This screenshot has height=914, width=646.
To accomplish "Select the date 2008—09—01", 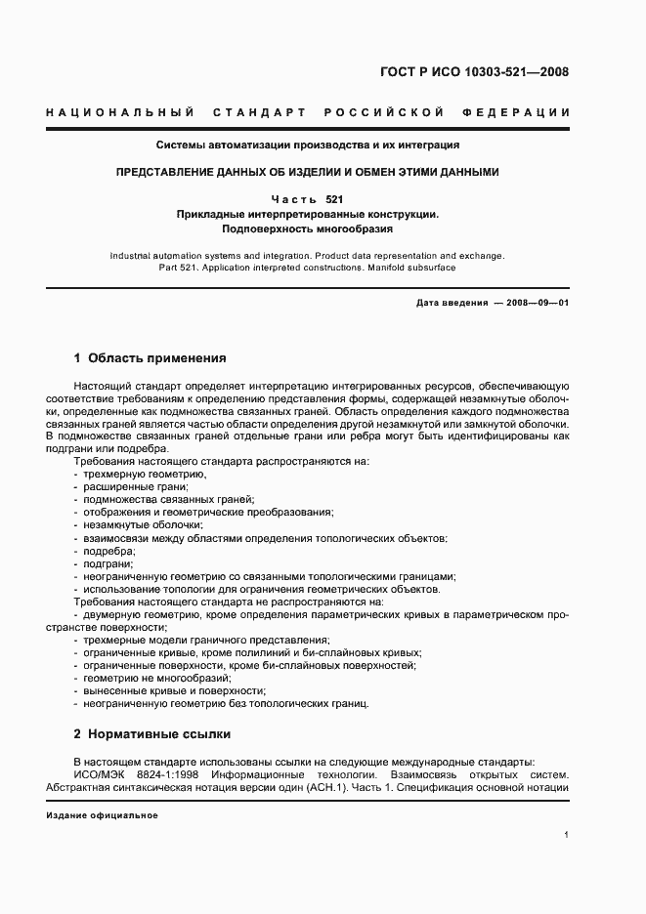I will click(x=538, y=303).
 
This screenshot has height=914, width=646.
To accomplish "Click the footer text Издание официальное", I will click(x=102, y=815).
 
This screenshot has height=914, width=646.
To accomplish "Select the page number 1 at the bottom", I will click(x=567, y=834).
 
